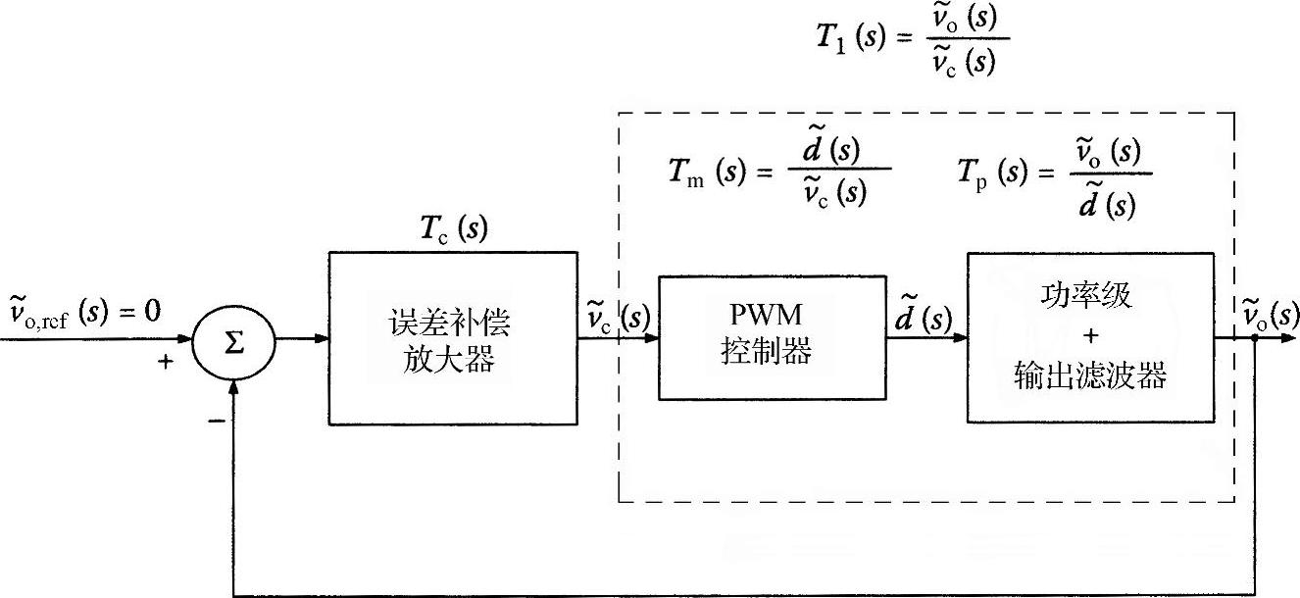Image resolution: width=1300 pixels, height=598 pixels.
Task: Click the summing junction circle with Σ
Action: click(234, 340)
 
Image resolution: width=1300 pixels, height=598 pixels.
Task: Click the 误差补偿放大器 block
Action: click(453, 338)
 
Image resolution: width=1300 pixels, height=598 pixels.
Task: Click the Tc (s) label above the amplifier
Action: click(446, 229)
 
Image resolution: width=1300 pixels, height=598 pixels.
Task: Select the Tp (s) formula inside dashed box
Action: click(1054, 171)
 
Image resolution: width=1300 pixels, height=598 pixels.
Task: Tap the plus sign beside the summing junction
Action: click(166, 362)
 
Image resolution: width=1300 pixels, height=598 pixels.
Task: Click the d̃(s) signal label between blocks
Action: click(923, 319)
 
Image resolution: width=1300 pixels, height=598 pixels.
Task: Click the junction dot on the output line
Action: click(1254, 338)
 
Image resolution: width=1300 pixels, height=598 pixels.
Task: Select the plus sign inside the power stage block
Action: click(1089, 336)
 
